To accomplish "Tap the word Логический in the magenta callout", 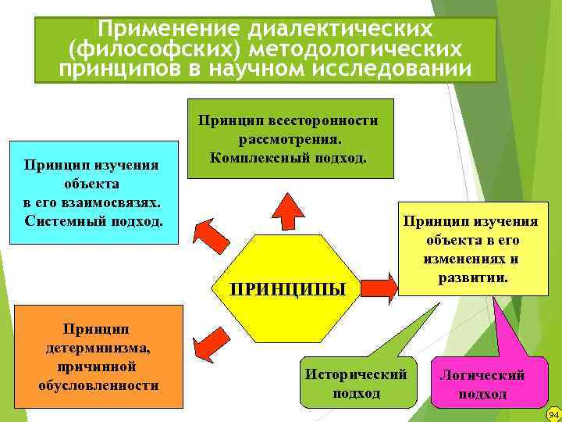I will click(482, 375).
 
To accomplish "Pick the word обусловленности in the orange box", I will click(98, 385).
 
